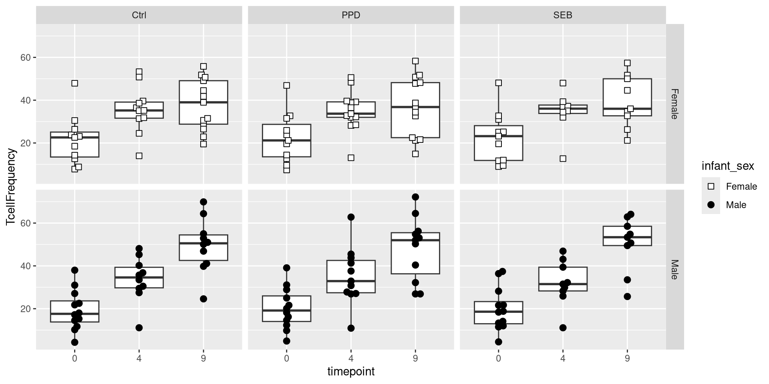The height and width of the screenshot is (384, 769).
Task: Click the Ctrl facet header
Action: tap(139, 15)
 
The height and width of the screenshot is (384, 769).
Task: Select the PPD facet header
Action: tap(351, 15)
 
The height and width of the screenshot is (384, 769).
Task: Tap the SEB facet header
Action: tap(563, 15)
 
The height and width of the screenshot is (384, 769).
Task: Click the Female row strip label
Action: tap(674, 104)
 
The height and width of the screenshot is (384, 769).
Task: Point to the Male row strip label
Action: tap(674, 270)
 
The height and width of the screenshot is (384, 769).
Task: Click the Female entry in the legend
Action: tap(741, 186)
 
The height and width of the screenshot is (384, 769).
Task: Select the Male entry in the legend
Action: tap(736, 205)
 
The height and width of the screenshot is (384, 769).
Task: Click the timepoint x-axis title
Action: tap(351, 372)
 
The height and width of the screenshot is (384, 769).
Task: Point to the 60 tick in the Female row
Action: tap(26, 58)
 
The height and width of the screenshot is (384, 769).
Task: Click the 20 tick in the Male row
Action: tap(26, 309)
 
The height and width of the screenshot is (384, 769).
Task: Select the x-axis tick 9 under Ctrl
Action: tap(203, 358)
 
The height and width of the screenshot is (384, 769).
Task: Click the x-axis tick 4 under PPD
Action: tap(351, 358)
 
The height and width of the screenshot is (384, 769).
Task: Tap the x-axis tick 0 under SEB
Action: tap(498, 358)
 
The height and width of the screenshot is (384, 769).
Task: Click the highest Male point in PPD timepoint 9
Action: tap(415, 197)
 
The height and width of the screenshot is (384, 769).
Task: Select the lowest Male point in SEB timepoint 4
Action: tap(563, 328)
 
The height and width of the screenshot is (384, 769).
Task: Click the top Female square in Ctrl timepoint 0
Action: tap(74, 83)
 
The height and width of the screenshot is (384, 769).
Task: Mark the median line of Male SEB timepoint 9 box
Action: tap(627, 237)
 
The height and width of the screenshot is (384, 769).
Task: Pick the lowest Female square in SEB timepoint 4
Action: tap(563, 158)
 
